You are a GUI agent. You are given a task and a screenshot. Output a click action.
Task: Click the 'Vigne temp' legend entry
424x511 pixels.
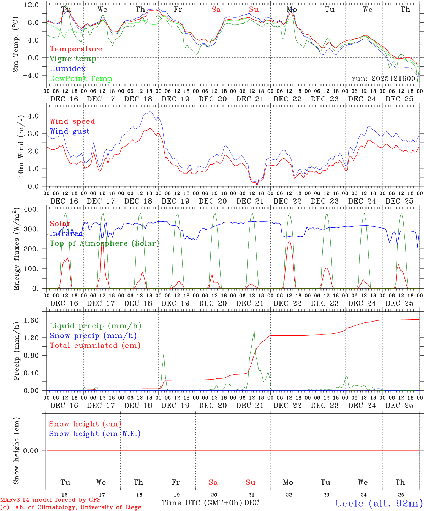pyautogui.click(x=73, y=59)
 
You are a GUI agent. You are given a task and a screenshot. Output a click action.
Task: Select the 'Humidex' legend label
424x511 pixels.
pyautogui.click(x=67, y=69)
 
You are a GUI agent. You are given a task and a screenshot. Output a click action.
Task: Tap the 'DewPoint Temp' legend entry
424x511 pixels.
pyautogui.click(x=81, y=79)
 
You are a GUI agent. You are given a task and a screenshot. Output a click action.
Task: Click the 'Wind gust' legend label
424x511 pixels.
pyautogui.click(x=70, y=131)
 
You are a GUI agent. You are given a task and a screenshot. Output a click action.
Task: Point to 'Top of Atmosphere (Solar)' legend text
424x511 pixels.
pyautogui.click(x=104, y=243)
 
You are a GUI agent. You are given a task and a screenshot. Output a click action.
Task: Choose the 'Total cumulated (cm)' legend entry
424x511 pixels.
pyautogui.click(x=95, y=346)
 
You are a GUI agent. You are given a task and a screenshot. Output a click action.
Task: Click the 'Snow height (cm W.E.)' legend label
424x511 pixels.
pyautogui.click(x=95, y=434)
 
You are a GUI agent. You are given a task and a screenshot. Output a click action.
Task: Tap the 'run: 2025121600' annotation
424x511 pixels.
pyautogui.click(x=384, y=78)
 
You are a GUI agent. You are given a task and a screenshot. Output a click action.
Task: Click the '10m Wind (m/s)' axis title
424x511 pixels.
pyautogui.click(x=21, y=146)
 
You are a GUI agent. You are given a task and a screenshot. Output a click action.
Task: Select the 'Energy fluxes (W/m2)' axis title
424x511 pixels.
pyautogui.click(x=16, y=249)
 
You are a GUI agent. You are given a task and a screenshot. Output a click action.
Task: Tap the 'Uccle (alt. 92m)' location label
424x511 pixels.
pyautogui.click(x=379, y=503)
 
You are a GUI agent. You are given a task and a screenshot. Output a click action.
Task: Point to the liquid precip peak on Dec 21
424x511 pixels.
pyautogui.click(x=254, y=330)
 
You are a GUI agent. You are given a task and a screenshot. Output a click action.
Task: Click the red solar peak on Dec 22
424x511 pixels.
pyautogui.click(x=290, y=241)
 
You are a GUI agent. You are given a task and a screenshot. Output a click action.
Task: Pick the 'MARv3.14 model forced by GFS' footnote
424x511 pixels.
pyautogui.click(x=50, y=500)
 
